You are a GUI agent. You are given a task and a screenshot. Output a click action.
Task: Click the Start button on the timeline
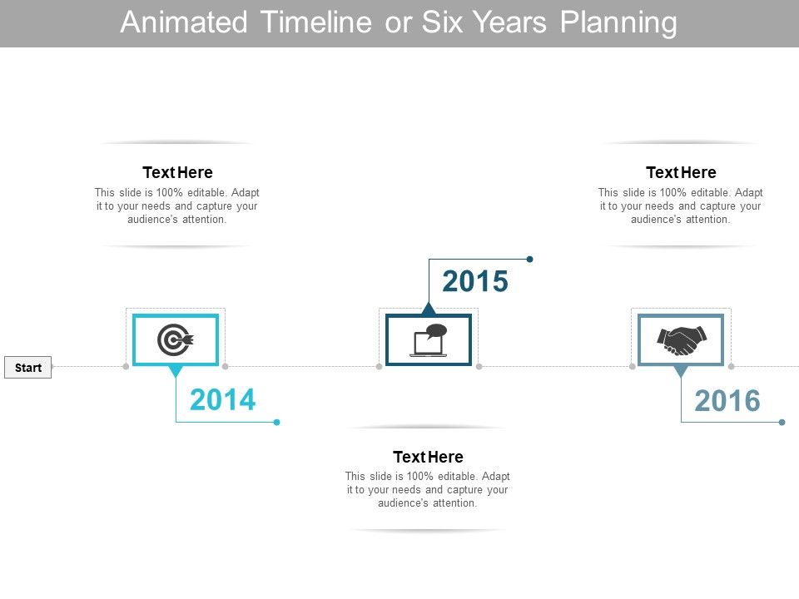click(28, 367)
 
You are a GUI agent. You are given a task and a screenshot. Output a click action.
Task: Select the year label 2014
click(222, 400)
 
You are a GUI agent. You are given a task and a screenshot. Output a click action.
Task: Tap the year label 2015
click(474, 282)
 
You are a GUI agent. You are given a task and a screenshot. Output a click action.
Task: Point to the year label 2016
click(727, 401)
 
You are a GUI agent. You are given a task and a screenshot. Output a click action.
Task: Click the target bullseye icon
click(176, 339)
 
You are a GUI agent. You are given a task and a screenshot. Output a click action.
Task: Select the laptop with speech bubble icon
click(429, 340)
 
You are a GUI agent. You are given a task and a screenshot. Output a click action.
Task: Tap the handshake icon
click(681, 339)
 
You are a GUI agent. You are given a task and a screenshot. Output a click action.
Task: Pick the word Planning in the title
click(618, 23)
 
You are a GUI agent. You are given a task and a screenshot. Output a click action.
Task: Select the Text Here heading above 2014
click(177, 172)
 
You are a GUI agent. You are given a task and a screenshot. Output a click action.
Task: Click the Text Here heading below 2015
click(428, 457)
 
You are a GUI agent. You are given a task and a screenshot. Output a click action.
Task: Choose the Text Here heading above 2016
click(681, 172)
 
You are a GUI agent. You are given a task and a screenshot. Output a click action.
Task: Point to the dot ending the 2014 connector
click(277, 422)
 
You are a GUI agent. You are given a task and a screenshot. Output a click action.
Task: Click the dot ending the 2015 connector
click(529, 259)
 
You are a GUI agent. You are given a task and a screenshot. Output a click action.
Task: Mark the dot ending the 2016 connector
click(782, 422)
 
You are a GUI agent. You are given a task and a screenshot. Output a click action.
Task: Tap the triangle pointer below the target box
click(176, 371)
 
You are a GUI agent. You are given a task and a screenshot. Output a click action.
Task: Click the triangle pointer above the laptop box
click(429, 309)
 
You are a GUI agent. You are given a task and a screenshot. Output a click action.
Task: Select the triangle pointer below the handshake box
click(681, 371)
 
